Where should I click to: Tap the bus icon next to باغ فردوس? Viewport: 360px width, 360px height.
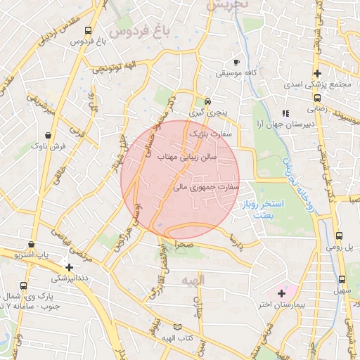pos(88,31)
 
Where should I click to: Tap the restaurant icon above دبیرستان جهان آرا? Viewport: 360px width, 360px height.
pos(285,113)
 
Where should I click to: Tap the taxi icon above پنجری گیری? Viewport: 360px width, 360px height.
pos(207,101)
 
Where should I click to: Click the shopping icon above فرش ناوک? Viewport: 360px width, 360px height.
pos(48,136)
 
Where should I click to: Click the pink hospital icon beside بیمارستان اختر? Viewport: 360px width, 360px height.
pos(283,292)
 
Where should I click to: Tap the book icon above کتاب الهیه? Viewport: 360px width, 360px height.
pos(177,327)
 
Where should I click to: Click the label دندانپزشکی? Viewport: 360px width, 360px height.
pos(69,278)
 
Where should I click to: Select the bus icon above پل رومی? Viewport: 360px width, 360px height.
pos(340,236)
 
